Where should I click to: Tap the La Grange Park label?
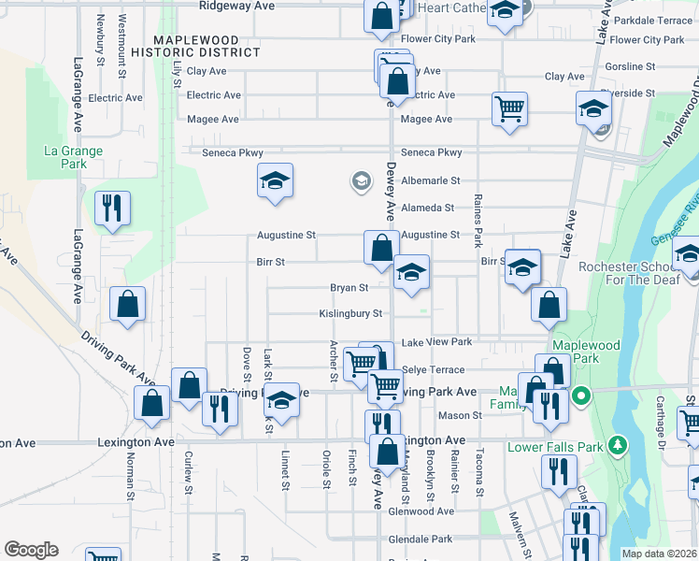point(73,157)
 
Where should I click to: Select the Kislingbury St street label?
point(351,314)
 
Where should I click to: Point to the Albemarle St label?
point(431,180)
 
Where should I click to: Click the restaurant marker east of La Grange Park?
point(113,209)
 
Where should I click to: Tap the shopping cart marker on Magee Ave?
point(510,108)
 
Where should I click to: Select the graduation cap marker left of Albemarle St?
point(276,180)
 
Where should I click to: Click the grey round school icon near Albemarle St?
point(361,180)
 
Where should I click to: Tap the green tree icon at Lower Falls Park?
point(616,443)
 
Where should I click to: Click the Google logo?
point(31,550)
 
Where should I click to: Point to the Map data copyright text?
point(659,554)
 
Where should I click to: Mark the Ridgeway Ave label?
point(236,6)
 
